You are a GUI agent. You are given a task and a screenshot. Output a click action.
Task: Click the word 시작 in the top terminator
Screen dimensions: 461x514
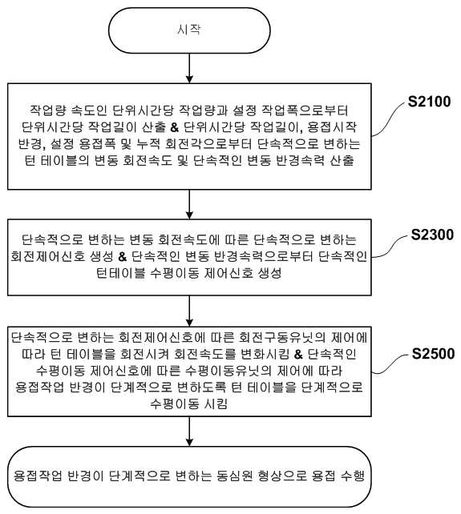pyautogui.click(x=188, y=30)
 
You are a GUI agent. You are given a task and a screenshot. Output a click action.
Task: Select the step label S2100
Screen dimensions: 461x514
pyautogui.click(x=429, y=102)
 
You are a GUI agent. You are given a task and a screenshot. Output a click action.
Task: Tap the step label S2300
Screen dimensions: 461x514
pyautogui.click(x=432, y=235)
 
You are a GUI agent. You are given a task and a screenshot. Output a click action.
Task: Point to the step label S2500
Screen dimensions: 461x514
pyautogui.click(x=433, y=354)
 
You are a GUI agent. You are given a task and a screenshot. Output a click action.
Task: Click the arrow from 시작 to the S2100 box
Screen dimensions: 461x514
pyautogui.click(x=189, y=68)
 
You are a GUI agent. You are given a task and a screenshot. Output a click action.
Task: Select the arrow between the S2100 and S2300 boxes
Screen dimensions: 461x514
pyautogui.click(x=189, y=204)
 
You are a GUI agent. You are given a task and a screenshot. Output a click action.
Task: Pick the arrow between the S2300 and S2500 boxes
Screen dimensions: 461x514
pyautogui.click(x=189, y=311)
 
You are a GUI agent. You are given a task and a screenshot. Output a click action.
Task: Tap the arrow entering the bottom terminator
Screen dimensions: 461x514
pyautogui.click(x=189, y=432)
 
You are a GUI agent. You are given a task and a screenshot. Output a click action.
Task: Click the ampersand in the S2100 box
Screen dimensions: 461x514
pyautogui.click(x=175, y=127)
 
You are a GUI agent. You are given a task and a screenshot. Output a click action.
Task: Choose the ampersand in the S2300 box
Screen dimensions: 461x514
pyautogui.click(x=123, y=257)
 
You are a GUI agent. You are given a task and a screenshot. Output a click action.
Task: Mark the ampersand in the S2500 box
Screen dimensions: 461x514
pyautogui.click(x=298, y=355)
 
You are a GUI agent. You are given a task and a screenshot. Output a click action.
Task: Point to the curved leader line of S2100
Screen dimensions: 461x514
pyautogui.click(x=388, y=118)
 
